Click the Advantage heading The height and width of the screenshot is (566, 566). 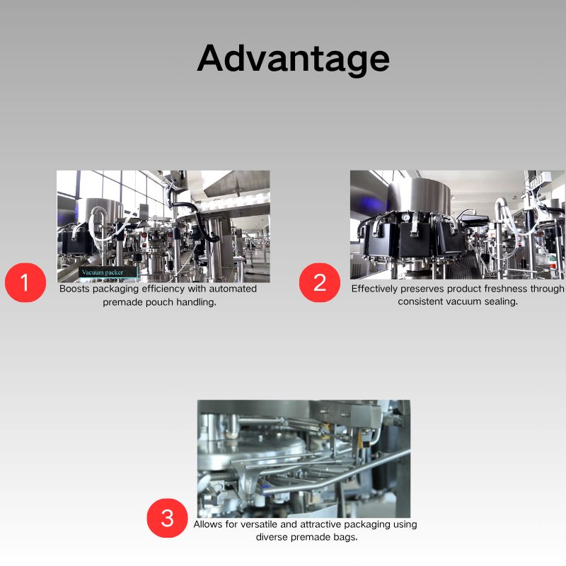tap(293, 59)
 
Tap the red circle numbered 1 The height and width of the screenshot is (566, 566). tap(25, 282)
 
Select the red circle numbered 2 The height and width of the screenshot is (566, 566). tap(320, 282)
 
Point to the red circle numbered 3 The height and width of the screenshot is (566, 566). tap(167, 518)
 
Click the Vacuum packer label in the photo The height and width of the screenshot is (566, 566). tap(108, 272)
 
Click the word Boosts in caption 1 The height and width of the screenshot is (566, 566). tap(75, 289)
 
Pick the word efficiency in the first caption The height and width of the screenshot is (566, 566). tap(163, 289)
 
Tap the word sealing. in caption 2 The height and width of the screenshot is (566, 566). tap(501, 302)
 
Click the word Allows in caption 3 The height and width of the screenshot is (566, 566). tap(207, 524)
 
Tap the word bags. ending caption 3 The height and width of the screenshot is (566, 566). tap(345, 538)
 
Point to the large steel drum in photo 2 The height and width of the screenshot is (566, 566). tap(419, 196)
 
